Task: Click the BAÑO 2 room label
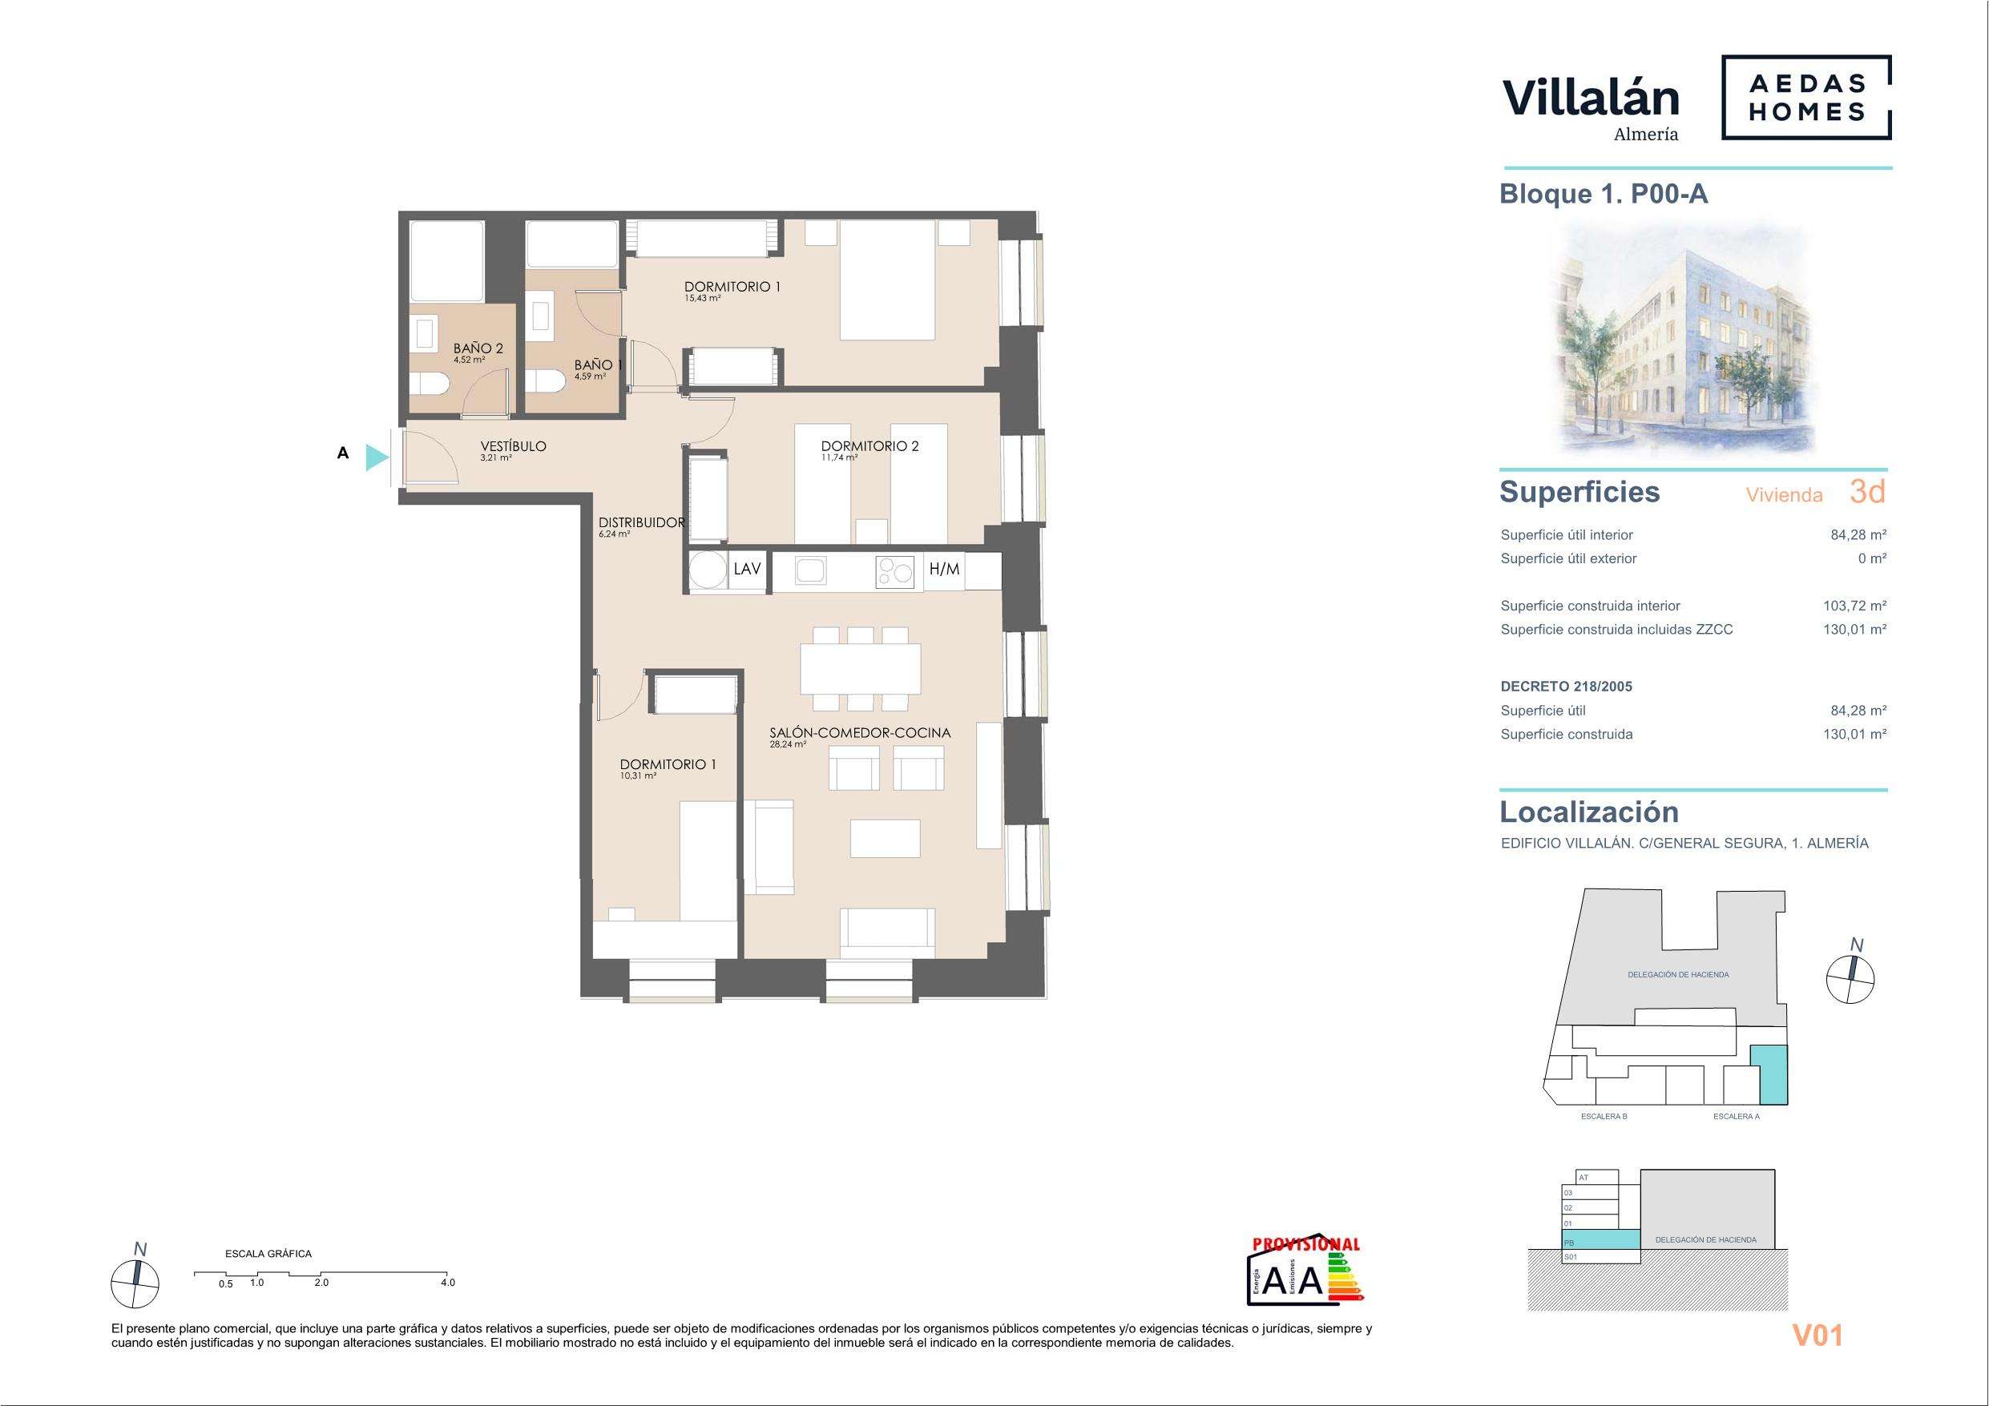coord(478,348)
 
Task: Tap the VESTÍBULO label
coord(514,446)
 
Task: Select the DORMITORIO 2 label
coord(869,446)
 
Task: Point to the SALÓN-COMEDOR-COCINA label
coord(860,733)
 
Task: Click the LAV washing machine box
coord(747,569)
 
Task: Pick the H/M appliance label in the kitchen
coord(944,569)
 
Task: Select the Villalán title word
coord(1591,98)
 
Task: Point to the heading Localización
coord(1589,812)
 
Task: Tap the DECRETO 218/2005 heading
coord(1566,687)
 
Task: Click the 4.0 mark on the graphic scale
coord(448,1283)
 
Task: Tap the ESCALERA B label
coord(1604,1117)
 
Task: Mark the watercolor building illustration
coord(1681,340)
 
